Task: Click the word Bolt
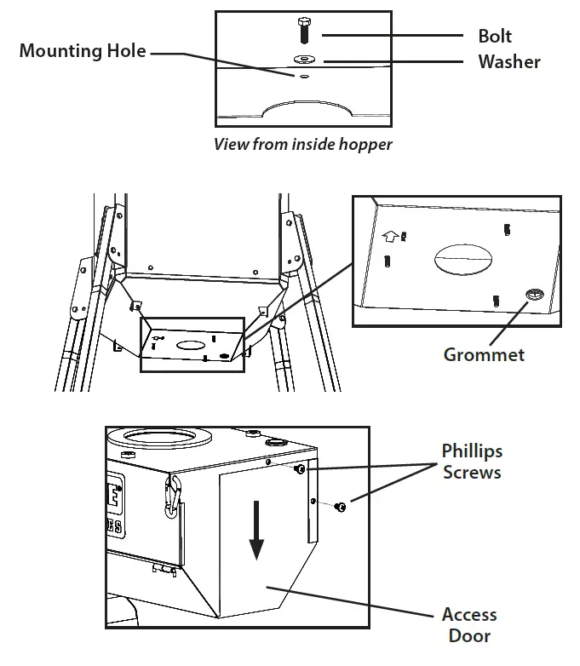(495, 37)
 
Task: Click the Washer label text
(508, 61)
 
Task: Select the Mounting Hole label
(83, 51)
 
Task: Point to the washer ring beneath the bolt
(302, 60)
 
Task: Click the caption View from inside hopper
(303, 144)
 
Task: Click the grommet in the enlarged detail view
(532, 295)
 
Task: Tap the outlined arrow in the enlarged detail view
(390, 237)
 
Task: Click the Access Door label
(469, 624)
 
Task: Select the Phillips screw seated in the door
(300, 469)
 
